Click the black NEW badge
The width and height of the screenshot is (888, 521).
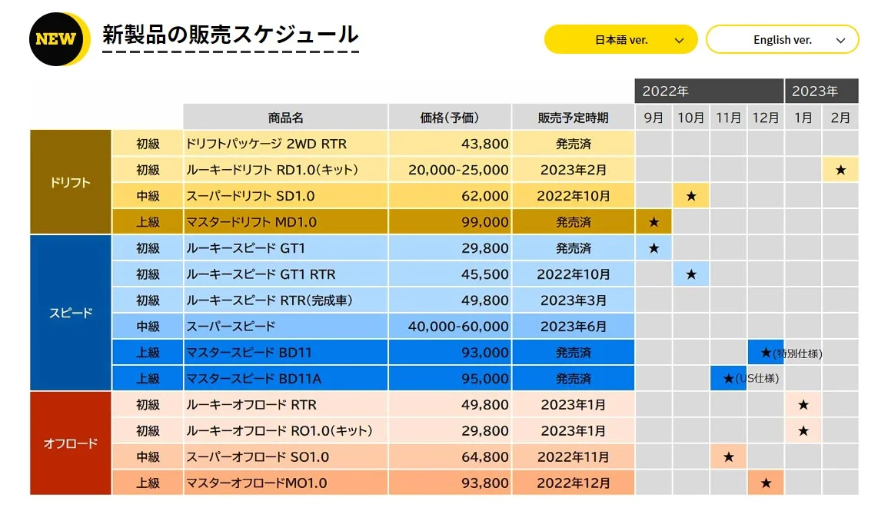(57, 38)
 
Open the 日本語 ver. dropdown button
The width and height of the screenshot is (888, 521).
(620, 40)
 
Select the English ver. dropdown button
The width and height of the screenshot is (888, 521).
(782, 40)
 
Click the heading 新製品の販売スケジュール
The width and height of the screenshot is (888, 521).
(230, 35)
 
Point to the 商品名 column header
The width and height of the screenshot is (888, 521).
(285, 118)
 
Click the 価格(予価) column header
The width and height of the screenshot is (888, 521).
(450, 118)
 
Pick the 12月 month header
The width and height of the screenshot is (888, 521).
(766, 118)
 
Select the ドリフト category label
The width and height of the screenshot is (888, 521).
(71, 183)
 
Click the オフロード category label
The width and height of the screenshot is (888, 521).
(71, 443)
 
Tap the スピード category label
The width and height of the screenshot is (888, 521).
(71, 314)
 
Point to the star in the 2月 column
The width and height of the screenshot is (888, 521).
(840, 170)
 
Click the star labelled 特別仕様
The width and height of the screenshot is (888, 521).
(765, 353)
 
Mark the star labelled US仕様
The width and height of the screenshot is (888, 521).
(728, 379)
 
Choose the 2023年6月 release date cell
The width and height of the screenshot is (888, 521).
(573, 327)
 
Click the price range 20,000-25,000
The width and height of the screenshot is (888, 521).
(458, 170)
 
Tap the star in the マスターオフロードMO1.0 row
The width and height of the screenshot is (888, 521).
(766, 483)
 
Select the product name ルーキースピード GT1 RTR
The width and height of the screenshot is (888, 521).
(261, 274)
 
